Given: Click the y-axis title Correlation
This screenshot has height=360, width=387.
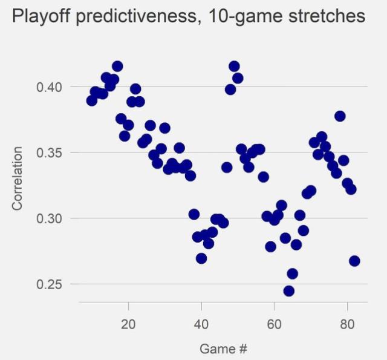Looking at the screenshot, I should (x=18, y=178).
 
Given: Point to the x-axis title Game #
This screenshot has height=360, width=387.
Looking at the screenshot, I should (x=223, y=349).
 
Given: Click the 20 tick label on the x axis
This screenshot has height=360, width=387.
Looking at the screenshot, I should (x=128, y=324).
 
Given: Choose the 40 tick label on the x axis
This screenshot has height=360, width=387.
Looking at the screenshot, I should (x=201, y=324).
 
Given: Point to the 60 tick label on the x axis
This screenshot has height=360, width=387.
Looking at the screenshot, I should (x=275, y=324).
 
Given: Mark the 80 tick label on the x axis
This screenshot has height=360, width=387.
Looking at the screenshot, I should (x=348, y=324).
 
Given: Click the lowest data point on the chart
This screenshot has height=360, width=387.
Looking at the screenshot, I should (x=289, y=291).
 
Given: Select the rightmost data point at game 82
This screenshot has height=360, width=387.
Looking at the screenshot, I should (x=354, y=261).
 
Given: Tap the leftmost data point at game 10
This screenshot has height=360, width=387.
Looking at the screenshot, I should (x=92, y=100).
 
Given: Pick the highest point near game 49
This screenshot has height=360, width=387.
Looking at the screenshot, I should (x=234, y=67).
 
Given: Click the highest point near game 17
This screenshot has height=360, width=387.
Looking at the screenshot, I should (x=117, y=67).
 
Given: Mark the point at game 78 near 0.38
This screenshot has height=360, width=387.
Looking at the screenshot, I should (x=340, y=116).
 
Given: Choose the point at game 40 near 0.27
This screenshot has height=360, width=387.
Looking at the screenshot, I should (x=201, y=258).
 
